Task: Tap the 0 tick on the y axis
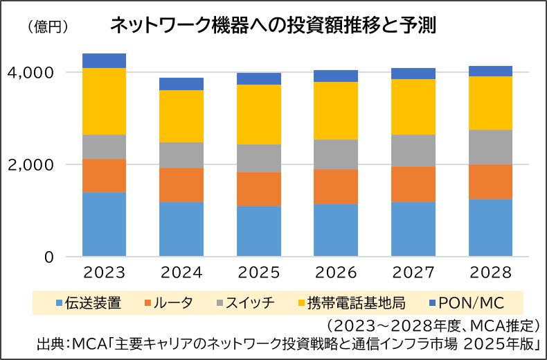pyautogui.click(x=49, y=257)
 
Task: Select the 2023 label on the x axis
pyautogui.click(x=104, y=272)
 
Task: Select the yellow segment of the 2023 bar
pyautogui.click(x=104, y=101)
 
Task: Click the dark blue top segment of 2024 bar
pyautogui.click(x=181, y=84)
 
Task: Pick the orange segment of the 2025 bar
pyautogui.click(x=259, y=189)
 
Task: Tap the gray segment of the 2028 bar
pyautogui.click(x=490, y=147)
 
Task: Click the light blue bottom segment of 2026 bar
pyautogui.click(x=337, y=230)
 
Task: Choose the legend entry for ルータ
pyautogui.click(x=167, y=302)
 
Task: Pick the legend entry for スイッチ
pyautogui.click(x=242, y=302)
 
